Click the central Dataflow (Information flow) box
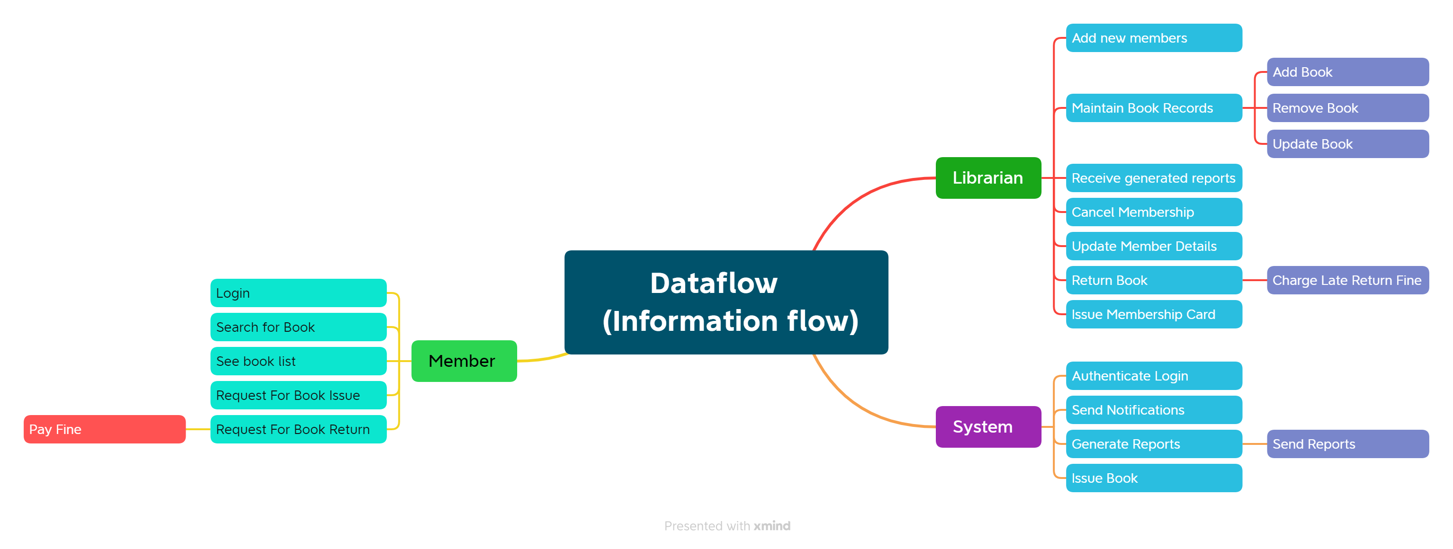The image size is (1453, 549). click(x=726, y=302)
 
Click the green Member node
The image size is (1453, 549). click(x=464, y=361)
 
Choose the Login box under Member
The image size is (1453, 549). click(x=298, y=292)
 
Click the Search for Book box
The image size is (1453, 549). click(x=298, y=327)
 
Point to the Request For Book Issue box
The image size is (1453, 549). click(x=298, y=395)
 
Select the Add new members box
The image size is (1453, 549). click(x=1154, y=38)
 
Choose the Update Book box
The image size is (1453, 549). click(x=1347, y=144)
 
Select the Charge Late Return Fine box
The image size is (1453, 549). click(x=1347, y=280)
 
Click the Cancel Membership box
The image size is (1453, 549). click(x=1154, y=212)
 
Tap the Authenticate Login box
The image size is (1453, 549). click(x=1154, y=375)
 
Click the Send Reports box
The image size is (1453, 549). click(x=1347, y=443)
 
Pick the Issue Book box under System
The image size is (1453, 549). click(x=1154, y=478)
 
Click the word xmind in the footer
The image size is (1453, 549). click(x=771, y=525)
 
